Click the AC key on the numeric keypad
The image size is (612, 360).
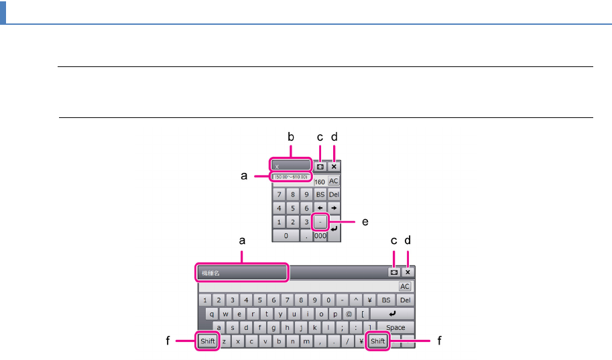click(334, 182)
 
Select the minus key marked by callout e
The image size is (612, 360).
click(320, 221)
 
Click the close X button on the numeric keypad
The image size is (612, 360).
click(334, 166)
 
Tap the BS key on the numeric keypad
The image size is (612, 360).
click(320, 194)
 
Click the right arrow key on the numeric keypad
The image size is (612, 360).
click(334, 208)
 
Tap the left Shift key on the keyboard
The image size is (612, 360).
click(208, 341)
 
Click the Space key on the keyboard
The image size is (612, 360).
click(395, 327)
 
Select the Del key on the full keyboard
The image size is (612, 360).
click(406, 300)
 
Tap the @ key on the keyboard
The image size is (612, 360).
click(349, 314)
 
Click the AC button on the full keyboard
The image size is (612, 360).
click(405, 286)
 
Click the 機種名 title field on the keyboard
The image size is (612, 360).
click(242, 273)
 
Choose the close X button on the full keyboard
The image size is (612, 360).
click(407, 273)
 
